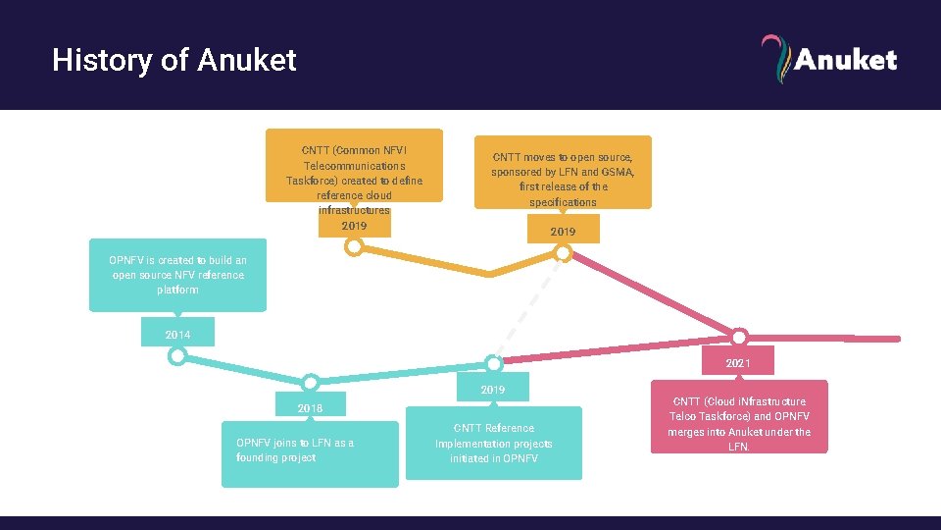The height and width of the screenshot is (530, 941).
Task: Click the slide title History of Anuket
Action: [173, 61]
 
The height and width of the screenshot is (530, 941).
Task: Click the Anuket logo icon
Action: [774, 59]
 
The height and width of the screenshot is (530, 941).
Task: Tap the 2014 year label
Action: [177, 335]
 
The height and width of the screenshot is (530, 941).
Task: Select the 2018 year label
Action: [310, 407]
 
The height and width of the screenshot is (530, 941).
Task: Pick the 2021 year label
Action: [738, 363]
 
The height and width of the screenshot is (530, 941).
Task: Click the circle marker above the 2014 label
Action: [177, 356]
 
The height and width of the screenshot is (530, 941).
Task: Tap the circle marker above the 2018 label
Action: [310, 382]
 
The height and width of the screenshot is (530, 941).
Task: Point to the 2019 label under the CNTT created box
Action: [354, 226]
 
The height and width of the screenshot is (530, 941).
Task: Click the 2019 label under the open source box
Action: [563, 232]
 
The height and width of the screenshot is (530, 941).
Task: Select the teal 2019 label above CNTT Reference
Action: [493, 390]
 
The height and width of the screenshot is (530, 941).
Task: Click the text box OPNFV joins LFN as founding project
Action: [310, 451]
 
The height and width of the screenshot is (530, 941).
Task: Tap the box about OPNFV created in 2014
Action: [177, 275]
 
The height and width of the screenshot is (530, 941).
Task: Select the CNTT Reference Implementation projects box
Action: [493, 444]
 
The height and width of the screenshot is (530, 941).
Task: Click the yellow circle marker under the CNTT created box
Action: [355, 247]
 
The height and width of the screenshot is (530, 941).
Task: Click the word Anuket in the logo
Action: [845, 60]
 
